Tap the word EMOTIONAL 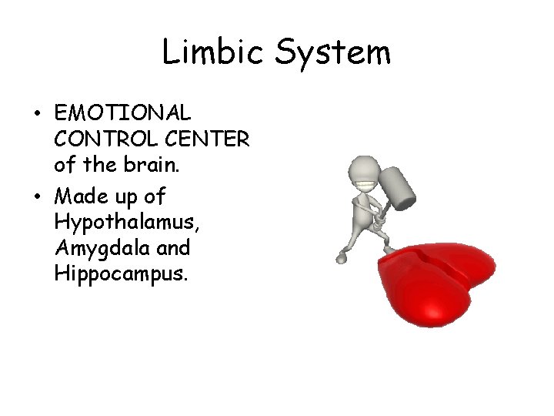(122, 113)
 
